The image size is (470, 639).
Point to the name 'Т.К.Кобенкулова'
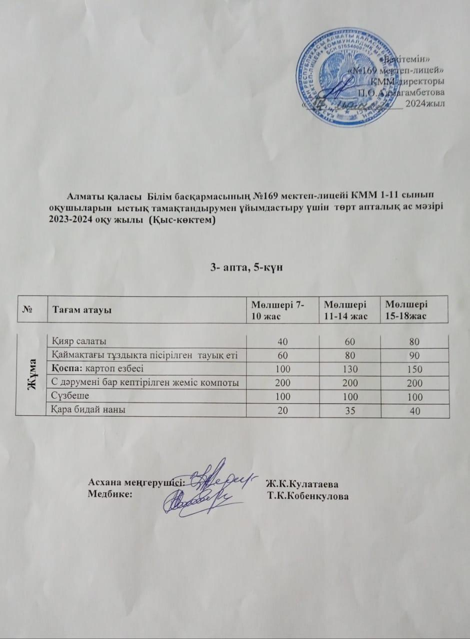pos(308,496)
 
